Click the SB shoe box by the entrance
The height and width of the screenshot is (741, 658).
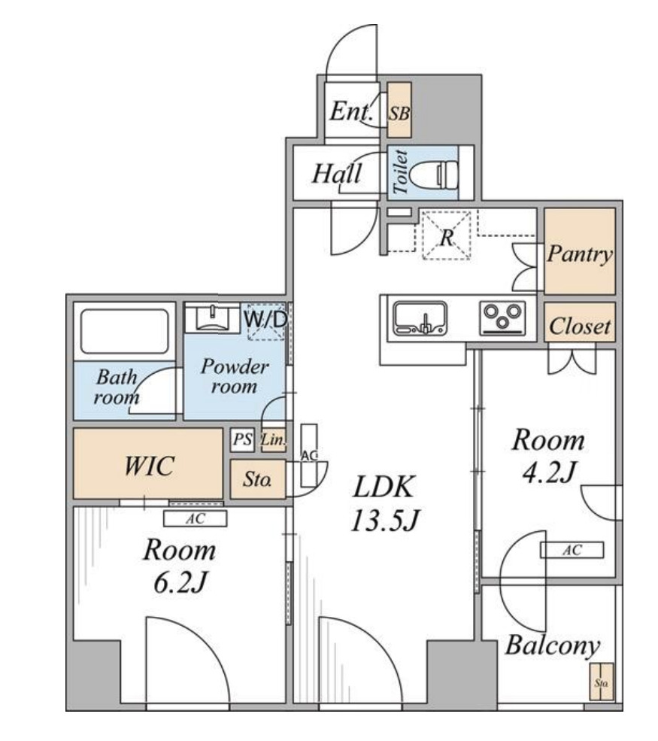[x=399, y=110]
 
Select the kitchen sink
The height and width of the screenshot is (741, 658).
[x=420, y=318]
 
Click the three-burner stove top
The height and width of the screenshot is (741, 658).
[x=502, y=318]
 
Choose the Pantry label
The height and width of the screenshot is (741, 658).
[x=580, y=254]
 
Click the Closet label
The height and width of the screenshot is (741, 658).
[x=580, y=326]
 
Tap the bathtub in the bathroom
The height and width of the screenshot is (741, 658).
[x=125, y=331]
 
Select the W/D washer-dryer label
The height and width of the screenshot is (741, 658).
[x=265, y=320]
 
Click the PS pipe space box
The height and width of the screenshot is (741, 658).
[x=242, y=439]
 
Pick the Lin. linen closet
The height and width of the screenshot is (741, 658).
[x=273, y=440]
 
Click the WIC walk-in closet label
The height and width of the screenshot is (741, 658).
[x=149, y=466]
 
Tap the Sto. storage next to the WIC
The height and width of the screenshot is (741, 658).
[x=258, y=479]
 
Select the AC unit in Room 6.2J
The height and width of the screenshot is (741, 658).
[x=195, y=518]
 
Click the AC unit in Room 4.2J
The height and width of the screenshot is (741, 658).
[x=572, y=550]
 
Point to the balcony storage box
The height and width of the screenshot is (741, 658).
[x=602, y=682]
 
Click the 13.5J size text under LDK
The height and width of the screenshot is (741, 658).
[x=385, y=521]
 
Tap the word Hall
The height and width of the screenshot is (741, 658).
[x=337, y=174]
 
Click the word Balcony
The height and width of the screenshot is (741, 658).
[x=553, y=645]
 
